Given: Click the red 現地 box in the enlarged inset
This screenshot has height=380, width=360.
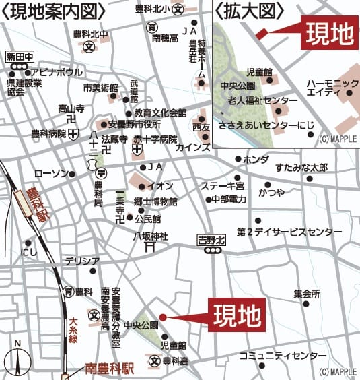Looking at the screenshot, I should pyautogui.click(x=327, y=34).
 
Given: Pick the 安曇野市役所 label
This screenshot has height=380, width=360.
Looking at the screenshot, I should pyautogui.click(x=134, y=125).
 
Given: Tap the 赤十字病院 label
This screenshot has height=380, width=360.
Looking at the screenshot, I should pyautogui.click(x=155, y=139).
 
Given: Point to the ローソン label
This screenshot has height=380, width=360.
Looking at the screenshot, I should pyautogui.click(x=51, y=174).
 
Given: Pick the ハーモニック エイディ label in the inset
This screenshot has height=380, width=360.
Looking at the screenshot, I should pyautogui.click(x=332, y=88).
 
